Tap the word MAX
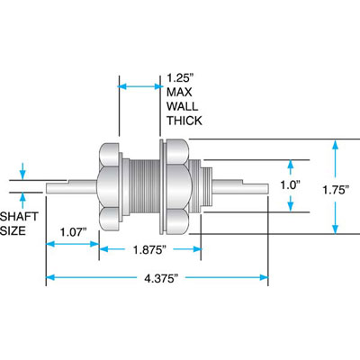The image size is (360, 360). coord(179,91)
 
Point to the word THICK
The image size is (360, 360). coord(184,120)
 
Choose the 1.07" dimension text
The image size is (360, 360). coord(74,232)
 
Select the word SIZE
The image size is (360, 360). coord(16,230)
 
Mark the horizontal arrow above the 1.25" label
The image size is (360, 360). coord(139,85)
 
